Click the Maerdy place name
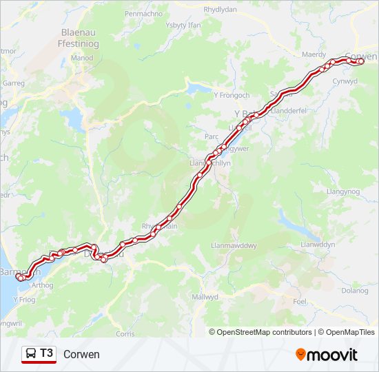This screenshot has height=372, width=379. coord(314,54)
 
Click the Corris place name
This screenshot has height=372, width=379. coord(126,333)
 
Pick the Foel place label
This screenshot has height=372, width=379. coord(300,302)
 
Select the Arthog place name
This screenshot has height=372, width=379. coord(42,285)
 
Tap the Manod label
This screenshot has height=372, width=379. coord(82,58)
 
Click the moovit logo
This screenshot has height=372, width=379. coord(327,355)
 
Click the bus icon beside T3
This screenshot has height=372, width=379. coord(31,354)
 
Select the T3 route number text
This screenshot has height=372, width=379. coord(46,353)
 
